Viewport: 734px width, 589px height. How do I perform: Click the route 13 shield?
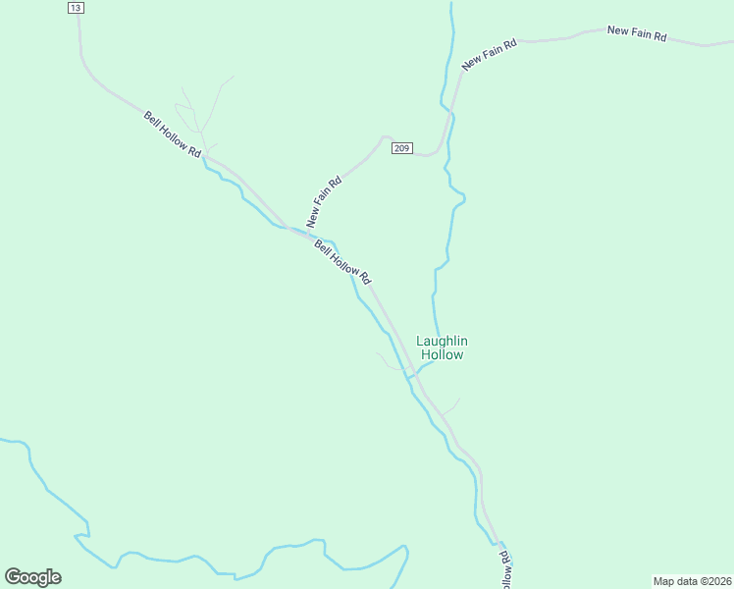click(77, 8)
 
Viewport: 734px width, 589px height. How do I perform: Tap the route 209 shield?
click(401, 148)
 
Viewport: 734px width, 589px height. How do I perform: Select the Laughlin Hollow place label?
click(443, 348)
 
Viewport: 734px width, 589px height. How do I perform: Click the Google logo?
click(32, 577)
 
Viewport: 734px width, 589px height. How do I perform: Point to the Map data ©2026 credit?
click(693, 580)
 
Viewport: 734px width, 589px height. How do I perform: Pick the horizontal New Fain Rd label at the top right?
click(637, 33)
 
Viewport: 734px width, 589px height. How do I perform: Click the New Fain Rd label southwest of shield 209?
click(324, 200)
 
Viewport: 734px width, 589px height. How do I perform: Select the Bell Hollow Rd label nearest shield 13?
click(173, 134)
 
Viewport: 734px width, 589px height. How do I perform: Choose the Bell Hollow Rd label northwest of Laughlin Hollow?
click(342, 262)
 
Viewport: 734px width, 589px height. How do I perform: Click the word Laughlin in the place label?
click(443, 341)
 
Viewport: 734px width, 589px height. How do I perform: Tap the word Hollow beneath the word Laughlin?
click(442, 354)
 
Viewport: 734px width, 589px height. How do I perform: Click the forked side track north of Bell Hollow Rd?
click(197, 113)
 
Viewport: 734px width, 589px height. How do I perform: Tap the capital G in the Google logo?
click(13, 577)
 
